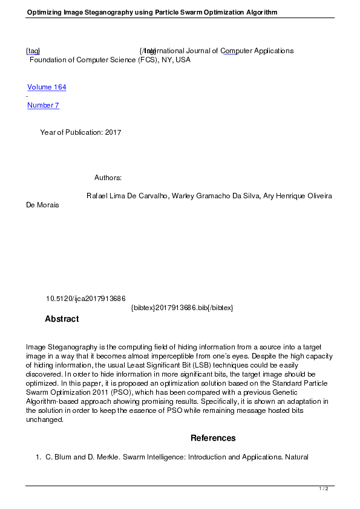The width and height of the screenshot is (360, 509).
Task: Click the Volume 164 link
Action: click(x=47, y=87)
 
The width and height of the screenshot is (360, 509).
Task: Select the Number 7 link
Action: click(x=43, y=105)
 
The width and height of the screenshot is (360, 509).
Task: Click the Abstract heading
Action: click(x=62, y=319)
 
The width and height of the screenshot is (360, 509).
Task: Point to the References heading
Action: click(x=213, y=438)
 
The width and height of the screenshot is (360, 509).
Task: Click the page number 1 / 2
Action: click(x=324, y=488)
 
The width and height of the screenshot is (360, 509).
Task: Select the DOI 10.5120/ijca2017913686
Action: click(x=86, y=299)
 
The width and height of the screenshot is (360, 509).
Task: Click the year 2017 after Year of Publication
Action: click(x=113, y=132)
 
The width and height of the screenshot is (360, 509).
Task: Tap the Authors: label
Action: click(x=108, y=178)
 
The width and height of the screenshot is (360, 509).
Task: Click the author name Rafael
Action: click(x=99, y=196)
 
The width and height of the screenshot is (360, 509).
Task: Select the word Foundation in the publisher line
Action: click(x=49, y=60)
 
